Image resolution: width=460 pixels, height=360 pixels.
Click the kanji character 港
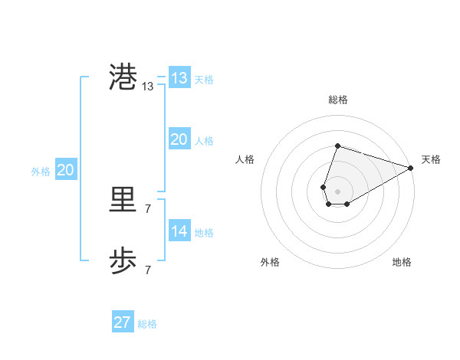pyautogui.click(x=123, y=78)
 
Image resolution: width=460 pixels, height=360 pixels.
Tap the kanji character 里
pyautogui.click(x=123, y=200)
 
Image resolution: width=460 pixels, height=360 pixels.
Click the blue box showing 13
pyautogui.click(x=179, y=78)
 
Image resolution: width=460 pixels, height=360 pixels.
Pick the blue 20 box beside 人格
pyautogui.click(x=179, y=139)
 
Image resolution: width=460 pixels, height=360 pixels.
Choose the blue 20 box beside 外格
pyautogui.click(x=65, y=171)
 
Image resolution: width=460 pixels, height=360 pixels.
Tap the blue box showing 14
pyautogui.click(x=179, y=231)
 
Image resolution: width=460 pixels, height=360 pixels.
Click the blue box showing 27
pyautogui.click(x=122, y=322)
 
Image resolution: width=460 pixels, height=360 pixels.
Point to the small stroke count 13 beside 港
pyautogui.click(x=147, y=87)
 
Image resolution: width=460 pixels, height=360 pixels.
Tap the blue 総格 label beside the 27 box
pyautogui.click(x=147, y=324)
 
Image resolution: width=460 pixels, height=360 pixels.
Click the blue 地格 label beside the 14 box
pyautogui.click(x=204, y=233)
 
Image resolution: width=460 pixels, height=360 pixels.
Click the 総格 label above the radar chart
pyautogui.click(x=337, y=100)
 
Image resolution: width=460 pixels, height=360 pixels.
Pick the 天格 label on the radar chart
pyautogui.click(x=431, y=159)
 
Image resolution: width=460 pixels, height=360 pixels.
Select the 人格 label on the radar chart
pyautogui.click(x=245, y=159)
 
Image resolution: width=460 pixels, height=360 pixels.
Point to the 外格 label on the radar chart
pyautogui.click(x=270, y=262)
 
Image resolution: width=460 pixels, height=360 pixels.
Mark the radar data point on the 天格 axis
pyautogui.click(x=412, y=167)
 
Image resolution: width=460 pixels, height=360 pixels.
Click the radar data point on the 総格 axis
pyautogui.click(x=337, y=146)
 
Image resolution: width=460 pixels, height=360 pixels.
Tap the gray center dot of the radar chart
pyautogui.click(x=337, y=190)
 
